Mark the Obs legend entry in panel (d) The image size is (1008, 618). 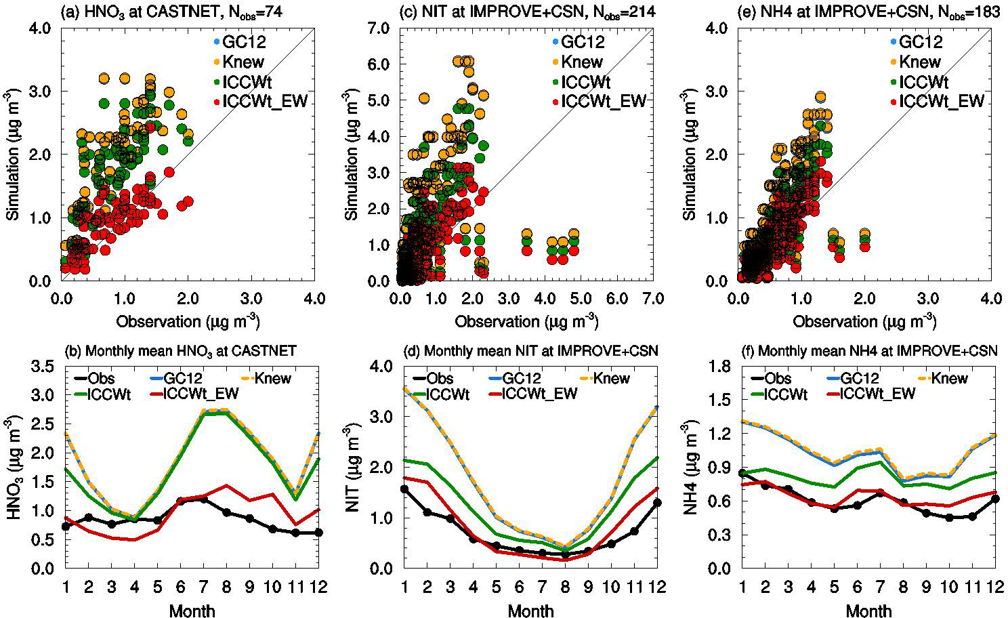[440, 379]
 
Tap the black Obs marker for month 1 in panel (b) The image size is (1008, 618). [66, 527]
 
